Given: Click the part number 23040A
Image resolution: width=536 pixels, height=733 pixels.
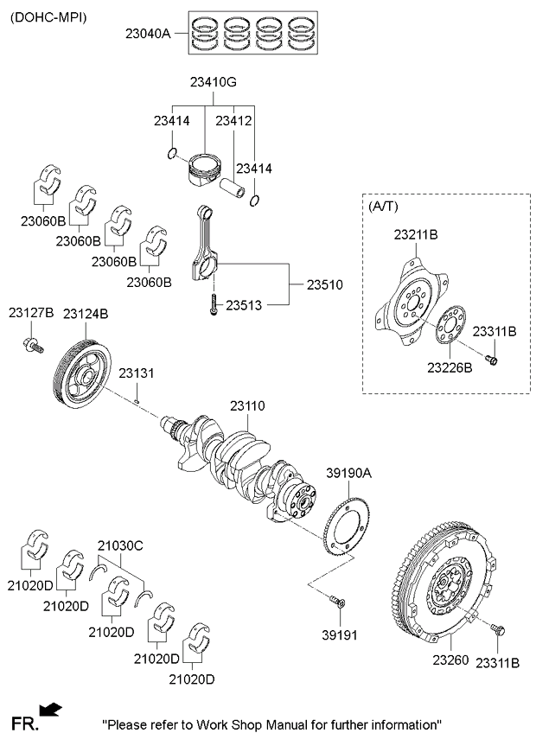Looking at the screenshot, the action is pos(148,34).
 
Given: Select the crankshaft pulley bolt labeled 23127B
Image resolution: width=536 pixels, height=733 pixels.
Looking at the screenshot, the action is pos(32,346).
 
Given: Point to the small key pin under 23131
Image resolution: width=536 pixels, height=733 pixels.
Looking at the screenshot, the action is pos(136,400).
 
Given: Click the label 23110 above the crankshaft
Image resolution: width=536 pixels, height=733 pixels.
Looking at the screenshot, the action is pos(247,405).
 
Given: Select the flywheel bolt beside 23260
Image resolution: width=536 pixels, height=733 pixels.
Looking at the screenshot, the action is pos(497,628).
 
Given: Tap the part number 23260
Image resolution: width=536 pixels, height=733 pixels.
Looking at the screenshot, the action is pos(450,660).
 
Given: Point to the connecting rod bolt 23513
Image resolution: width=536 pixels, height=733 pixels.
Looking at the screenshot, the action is pos(214,304).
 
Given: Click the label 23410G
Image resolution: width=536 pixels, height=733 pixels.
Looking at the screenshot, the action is pos(214,82).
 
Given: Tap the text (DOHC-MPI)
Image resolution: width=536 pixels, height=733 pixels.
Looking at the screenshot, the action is pos(48,18).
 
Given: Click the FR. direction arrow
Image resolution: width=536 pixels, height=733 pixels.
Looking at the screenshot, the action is pos(50,709).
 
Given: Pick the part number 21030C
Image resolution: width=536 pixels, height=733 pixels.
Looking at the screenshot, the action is pos(120,545).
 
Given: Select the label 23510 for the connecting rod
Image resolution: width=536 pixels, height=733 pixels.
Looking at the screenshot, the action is pos(324,284).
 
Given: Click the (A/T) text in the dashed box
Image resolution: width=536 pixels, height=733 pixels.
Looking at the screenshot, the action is pos(384,206).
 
